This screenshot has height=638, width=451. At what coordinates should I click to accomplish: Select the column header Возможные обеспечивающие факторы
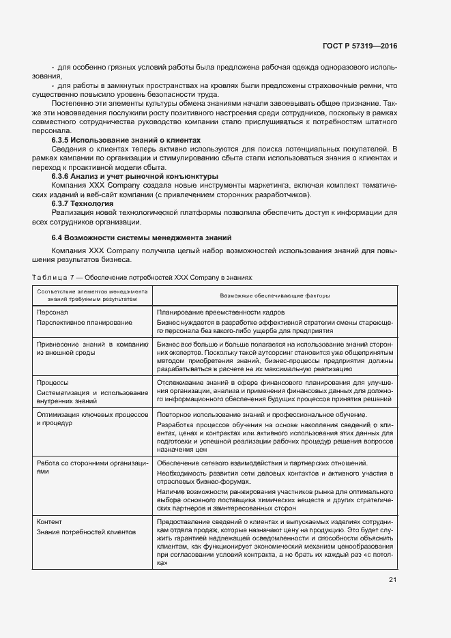(275, 296)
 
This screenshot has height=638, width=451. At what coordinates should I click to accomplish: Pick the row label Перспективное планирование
(75, 321)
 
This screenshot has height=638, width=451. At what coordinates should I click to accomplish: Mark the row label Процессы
(53, 383)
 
